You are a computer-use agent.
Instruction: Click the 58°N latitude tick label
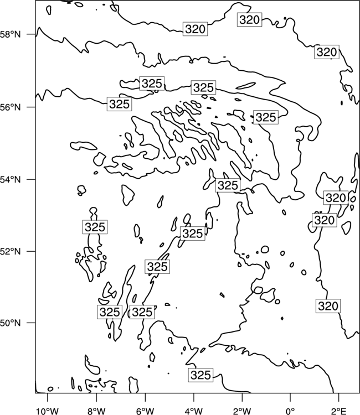(11, 34)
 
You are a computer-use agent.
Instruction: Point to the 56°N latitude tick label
(11, 107)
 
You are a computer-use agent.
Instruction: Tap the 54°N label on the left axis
(11, 180)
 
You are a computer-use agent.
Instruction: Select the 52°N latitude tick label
(11, 251)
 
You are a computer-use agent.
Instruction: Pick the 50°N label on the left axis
(11, 323)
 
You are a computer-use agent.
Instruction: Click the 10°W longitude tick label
(48, 411)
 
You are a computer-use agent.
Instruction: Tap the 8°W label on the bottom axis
(96, 411)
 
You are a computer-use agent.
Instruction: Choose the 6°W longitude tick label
(145, 411)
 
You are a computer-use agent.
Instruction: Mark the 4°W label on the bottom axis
(193, 411)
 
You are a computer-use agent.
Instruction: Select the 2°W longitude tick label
(242, 411)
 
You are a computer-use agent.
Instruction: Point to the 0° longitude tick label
(291, 411)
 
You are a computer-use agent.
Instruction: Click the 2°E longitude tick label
(339, 411)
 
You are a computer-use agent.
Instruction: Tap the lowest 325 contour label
(201, 375)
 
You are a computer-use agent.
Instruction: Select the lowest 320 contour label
(328, 306)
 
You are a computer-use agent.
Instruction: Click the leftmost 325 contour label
(95, 227)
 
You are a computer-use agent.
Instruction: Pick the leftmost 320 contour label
(196, 29)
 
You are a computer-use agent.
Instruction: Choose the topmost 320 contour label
(250, 19)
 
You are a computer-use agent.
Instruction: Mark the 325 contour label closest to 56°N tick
(120, 104)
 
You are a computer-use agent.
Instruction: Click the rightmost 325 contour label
(266, 117)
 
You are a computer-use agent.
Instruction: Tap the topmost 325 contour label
(152, 84)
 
